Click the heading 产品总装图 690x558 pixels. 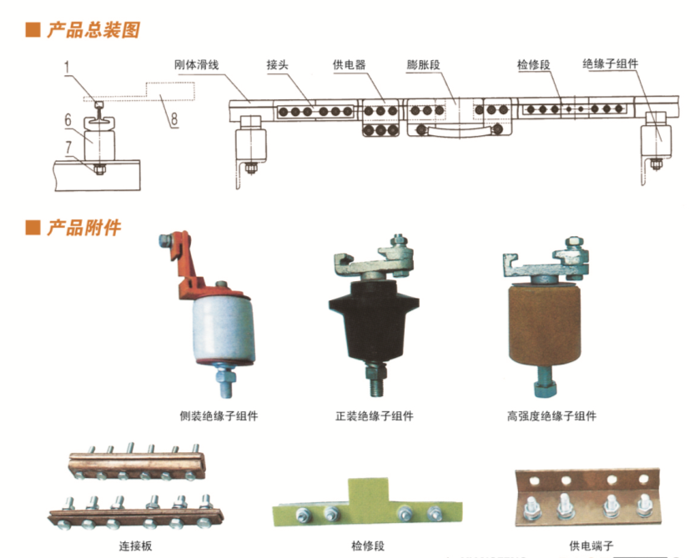coord(91,31)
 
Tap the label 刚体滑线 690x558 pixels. coord(196,64)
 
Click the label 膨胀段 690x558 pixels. coord(425,64)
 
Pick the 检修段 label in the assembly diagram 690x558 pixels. coord(534,64)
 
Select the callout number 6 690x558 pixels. coord(69,120)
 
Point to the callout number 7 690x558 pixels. coord(69,148)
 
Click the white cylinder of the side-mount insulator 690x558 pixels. coord(219,329)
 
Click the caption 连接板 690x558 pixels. coord(134,546)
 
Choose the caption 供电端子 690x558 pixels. coord(591,546)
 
